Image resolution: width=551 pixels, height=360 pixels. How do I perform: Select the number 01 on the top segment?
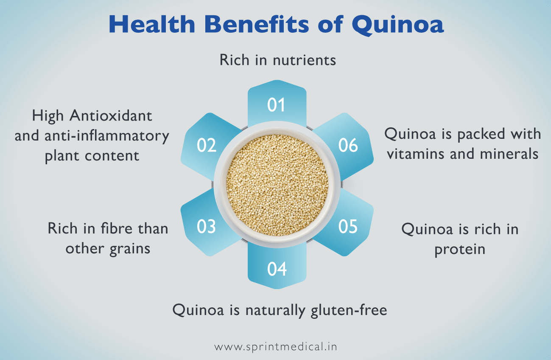[276, 105]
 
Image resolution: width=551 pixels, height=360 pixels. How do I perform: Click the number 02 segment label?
[207, 146]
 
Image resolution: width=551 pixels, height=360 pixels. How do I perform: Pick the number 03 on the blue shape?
[207, 227]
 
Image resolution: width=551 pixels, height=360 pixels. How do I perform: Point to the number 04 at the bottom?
[276, 269]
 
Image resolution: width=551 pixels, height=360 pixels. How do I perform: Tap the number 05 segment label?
[348, 227]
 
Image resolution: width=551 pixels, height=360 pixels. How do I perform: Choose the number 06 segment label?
[348, 146]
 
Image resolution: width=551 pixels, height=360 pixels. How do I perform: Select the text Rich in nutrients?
[277, 60]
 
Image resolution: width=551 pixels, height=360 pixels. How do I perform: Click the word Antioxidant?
[111, 115]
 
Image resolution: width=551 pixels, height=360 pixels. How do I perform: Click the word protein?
[460, 249]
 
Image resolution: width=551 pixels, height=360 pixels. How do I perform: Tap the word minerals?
[509, 153]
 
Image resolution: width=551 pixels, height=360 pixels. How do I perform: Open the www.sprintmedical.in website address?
[276, 346]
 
